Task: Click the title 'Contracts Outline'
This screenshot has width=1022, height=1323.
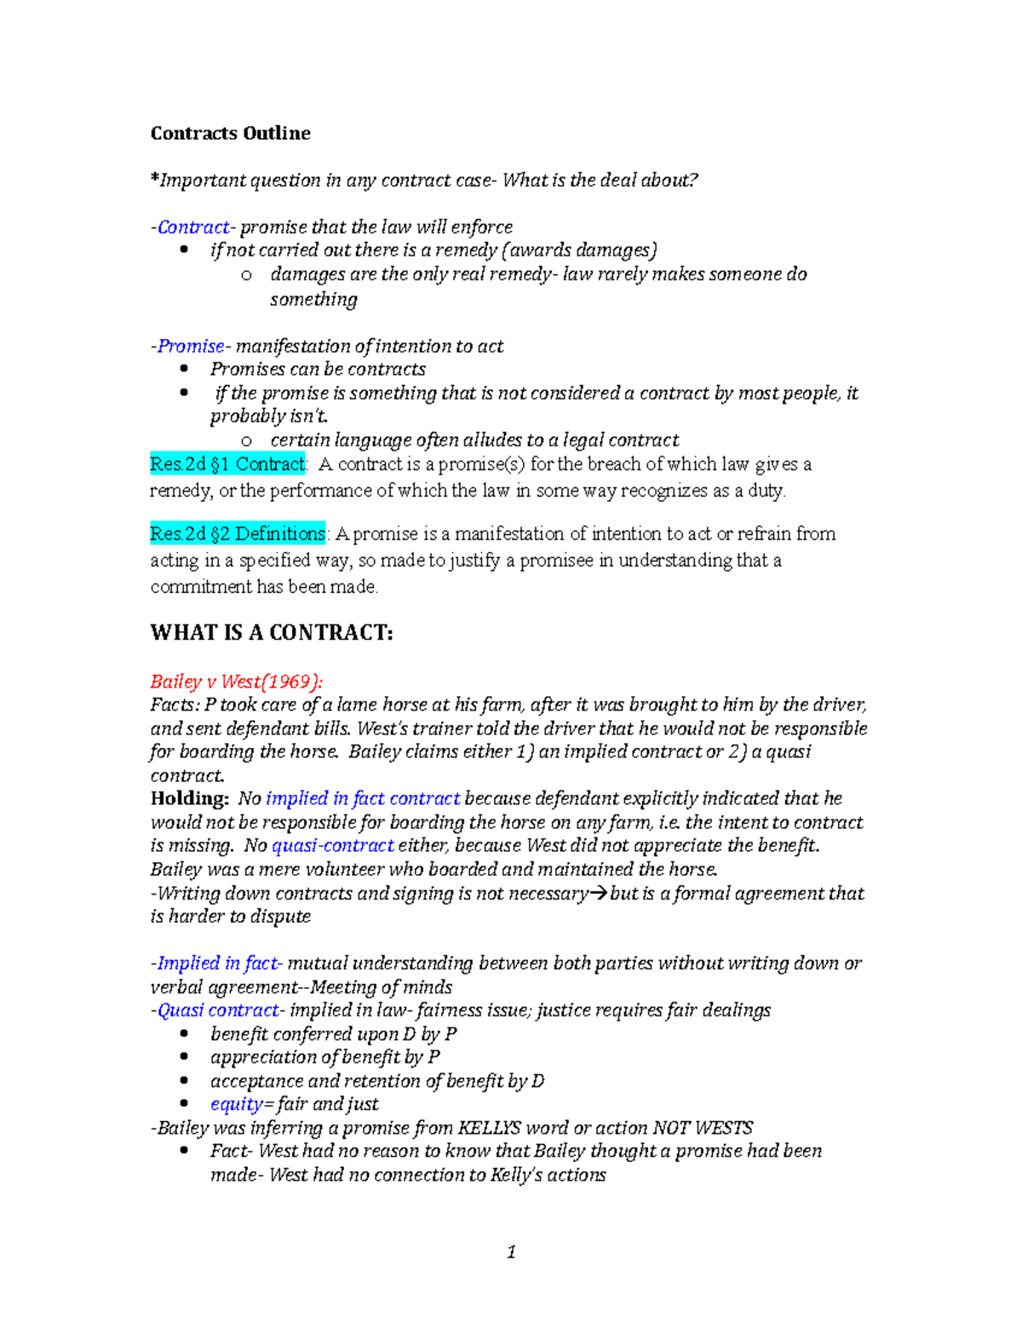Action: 230,133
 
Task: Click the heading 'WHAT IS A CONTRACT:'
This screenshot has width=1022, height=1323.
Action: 272,632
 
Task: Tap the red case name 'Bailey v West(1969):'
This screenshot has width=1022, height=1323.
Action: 236,682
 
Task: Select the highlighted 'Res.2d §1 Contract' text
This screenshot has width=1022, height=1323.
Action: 227,464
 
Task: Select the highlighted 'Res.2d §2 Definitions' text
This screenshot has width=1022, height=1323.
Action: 238,534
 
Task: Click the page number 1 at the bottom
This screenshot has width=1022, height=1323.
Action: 511,1251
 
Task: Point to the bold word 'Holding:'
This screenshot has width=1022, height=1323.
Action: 189,798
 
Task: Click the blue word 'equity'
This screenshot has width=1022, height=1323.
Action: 236,1104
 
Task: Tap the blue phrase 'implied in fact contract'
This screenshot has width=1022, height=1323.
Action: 363,798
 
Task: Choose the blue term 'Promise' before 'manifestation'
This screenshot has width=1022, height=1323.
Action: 191,346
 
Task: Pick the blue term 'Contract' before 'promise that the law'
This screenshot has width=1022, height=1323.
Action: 193,227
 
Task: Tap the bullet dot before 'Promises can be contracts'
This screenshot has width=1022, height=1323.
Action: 184,369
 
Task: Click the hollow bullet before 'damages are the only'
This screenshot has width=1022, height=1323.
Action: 246,274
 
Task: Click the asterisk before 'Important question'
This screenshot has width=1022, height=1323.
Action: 154,179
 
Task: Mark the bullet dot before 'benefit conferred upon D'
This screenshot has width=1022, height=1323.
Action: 184,1033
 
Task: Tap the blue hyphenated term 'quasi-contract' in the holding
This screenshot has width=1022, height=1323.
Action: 332,846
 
